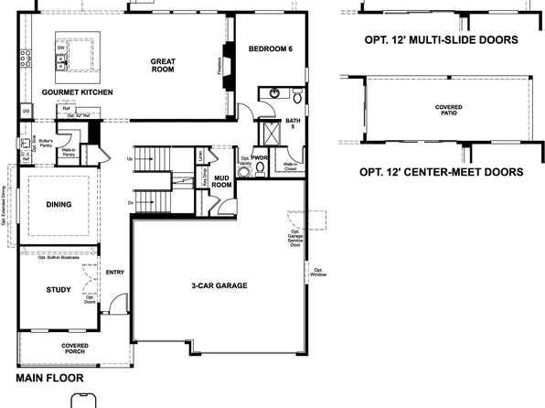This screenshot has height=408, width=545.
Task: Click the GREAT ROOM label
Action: coord(163,64)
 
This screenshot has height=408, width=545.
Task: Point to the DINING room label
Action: coord(58,205)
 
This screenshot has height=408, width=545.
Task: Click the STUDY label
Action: coord(58,290)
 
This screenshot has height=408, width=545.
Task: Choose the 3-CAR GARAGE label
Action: coord(219,286)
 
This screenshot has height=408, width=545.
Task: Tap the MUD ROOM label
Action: coord(221,180)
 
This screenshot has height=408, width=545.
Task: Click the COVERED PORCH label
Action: coord(75,349)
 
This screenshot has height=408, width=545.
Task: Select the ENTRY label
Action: coord(115,272)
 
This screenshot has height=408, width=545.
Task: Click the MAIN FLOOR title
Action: coord(49,378)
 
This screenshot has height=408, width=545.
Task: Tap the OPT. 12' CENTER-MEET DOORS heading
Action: coord(441,171)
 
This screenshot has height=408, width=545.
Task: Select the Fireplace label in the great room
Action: coord(219,69)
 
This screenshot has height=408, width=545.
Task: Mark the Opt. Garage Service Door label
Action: coord(294,238)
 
